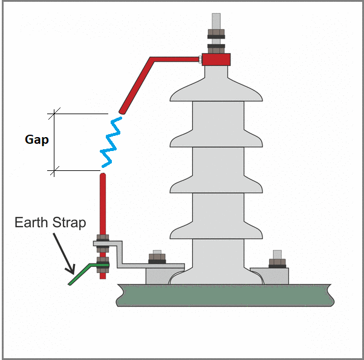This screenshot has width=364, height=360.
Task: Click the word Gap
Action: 36,140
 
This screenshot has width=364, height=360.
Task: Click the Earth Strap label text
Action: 50,222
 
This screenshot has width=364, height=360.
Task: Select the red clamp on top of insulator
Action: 216,59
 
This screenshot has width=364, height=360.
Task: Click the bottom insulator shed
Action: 216,230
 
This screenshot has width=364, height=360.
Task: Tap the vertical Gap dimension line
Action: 55,142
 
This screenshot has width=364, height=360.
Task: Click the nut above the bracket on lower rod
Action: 103,237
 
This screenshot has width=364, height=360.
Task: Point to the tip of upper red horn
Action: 123,111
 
